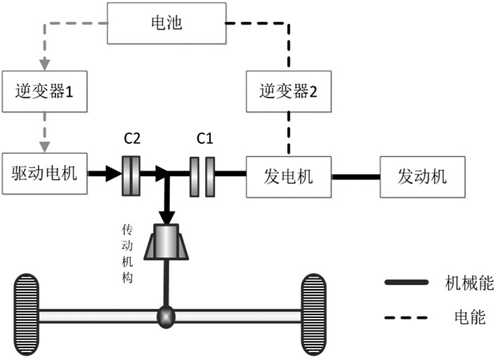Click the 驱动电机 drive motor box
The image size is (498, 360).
coord(45,172)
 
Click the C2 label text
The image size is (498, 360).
coord(132,138)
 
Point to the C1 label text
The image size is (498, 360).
coord(204,138)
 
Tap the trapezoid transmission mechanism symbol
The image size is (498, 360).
coord(166,242)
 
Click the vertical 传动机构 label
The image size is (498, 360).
coord(128,253)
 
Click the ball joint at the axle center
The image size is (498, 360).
coord(166,317)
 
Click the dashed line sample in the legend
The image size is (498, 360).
coord(407,317)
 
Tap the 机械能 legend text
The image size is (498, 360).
coord(471,283)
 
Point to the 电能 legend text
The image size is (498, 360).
coord(466,317)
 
